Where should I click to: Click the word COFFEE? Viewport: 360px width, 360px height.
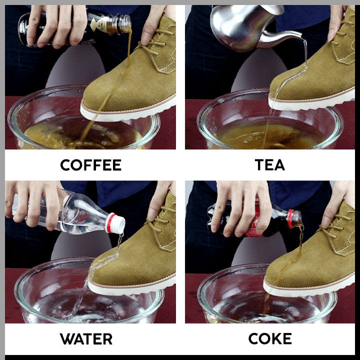(91, 165)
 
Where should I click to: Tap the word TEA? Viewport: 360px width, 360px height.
(270, 165)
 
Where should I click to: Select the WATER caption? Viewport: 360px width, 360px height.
(86, 339)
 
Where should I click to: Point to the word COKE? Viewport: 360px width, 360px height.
(270, 338)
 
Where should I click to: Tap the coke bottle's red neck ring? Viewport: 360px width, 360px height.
(291, 218)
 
